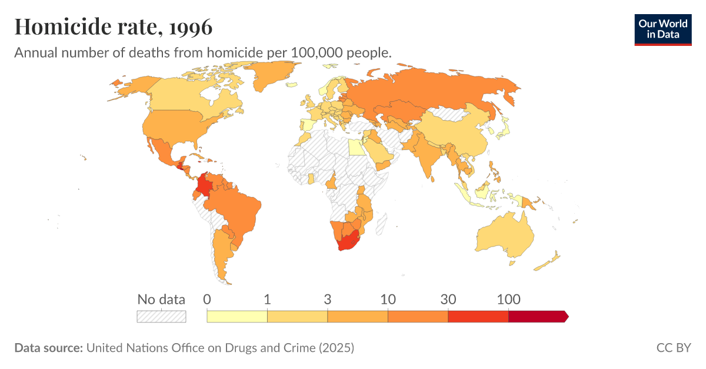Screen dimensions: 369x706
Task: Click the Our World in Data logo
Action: coord(662,29)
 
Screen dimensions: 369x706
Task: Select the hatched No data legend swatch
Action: coord(161,317)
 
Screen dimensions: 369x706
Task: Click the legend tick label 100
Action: coord(508,299)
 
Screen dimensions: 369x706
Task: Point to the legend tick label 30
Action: coord(448,299)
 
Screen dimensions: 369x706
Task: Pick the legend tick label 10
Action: coord(388,299)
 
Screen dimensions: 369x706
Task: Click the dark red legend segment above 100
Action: coord(537,317)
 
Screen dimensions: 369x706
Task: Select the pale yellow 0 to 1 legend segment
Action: coord(237,317)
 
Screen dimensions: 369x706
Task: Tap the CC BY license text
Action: coord(673,348)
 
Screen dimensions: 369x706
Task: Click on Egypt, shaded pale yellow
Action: coord(355,146)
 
